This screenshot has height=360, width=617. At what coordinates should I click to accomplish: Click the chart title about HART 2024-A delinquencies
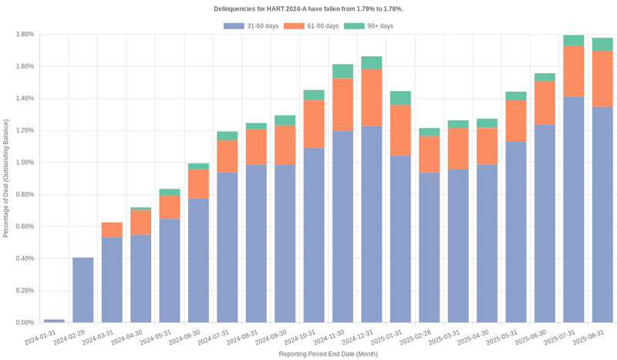(308, 9)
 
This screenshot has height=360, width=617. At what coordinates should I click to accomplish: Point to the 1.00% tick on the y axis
(24, 163)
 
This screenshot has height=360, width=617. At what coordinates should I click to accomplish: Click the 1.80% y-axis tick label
(24, 35)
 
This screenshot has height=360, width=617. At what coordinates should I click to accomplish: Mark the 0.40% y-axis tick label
(24, 259)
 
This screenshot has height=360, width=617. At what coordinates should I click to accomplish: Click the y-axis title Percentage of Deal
(6, 178)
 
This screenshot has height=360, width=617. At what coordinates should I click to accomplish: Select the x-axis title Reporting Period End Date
(328, 354)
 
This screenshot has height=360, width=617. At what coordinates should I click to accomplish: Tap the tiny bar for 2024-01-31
(54, 321)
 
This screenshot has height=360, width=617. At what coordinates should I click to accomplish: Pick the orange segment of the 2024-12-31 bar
(372, 97)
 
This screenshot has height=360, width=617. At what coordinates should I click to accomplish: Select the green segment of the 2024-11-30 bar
(342, 71)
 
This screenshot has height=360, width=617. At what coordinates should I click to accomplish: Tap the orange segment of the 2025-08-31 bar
(602, 79)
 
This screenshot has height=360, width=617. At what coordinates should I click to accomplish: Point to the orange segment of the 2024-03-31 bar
(112, 230)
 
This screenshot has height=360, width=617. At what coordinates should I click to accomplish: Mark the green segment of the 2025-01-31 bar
(400, 98)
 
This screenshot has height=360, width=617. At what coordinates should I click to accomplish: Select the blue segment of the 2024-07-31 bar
(227, 247)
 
